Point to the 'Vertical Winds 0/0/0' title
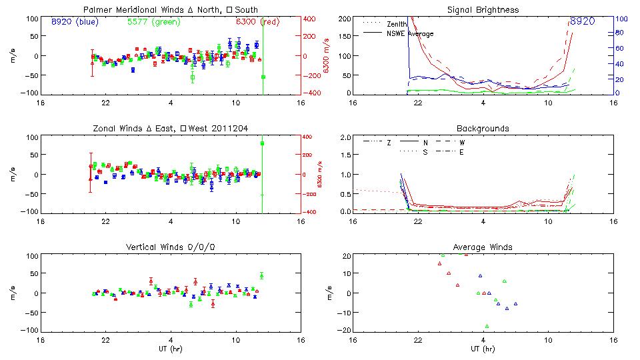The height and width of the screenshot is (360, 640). click(x=171, y=247)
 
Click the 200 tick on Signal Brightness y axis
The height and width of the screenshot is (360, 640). click(x=345, y=19)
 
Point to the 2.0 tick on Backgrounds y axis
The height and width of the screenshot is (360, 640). click(x=345, y=137)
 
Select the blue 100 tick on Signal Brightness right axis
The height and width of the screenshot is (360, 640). click(x=619, y=19)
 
